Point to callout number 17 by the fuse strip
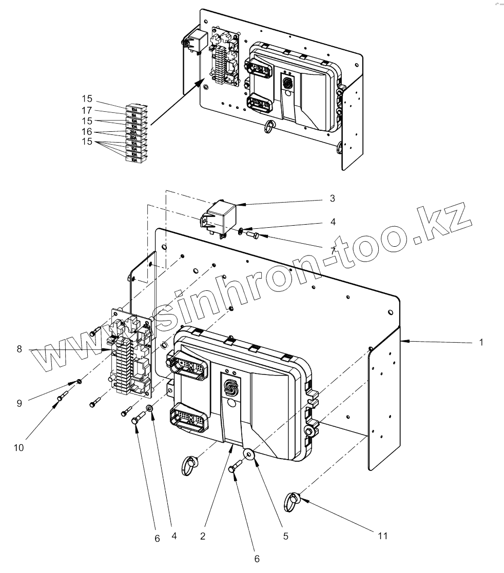pyautogui.click(x=86, y=110)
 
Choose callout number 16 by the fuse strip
pyautogui.click(x=86, y=131)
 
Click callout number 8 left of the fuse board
pyautogui.click(x=20, y=349)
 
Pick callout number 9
pyautogui.click(x=20, y=403)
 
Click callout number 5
pyautogui.click(x=286, y=536)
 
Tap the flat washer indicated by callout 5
pyautogui.click(x=250, y=454)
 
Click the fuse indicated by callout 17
pyautogui.click(x=133, y=115)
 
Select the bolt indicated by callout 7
pyautogui.click(x=253, y=235)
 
